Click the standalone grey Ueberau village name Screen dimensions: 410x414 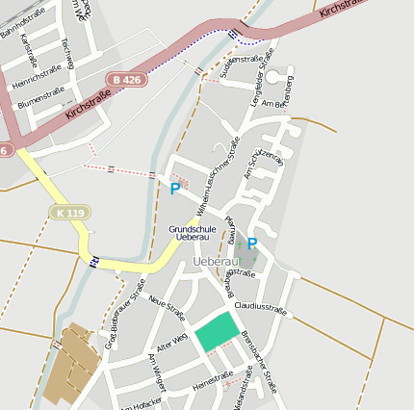coord(215,262)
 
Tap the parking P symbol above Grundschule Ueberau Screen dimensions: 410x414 coord(174,190)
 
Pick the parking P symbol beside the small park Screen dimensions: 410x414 coord(252,244)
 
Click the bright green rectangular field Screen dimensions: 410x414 coord(216,332)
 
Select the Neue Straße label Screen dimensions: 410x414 coord(168,306)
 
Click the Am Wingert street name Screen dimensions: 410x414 coord(158,372)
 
